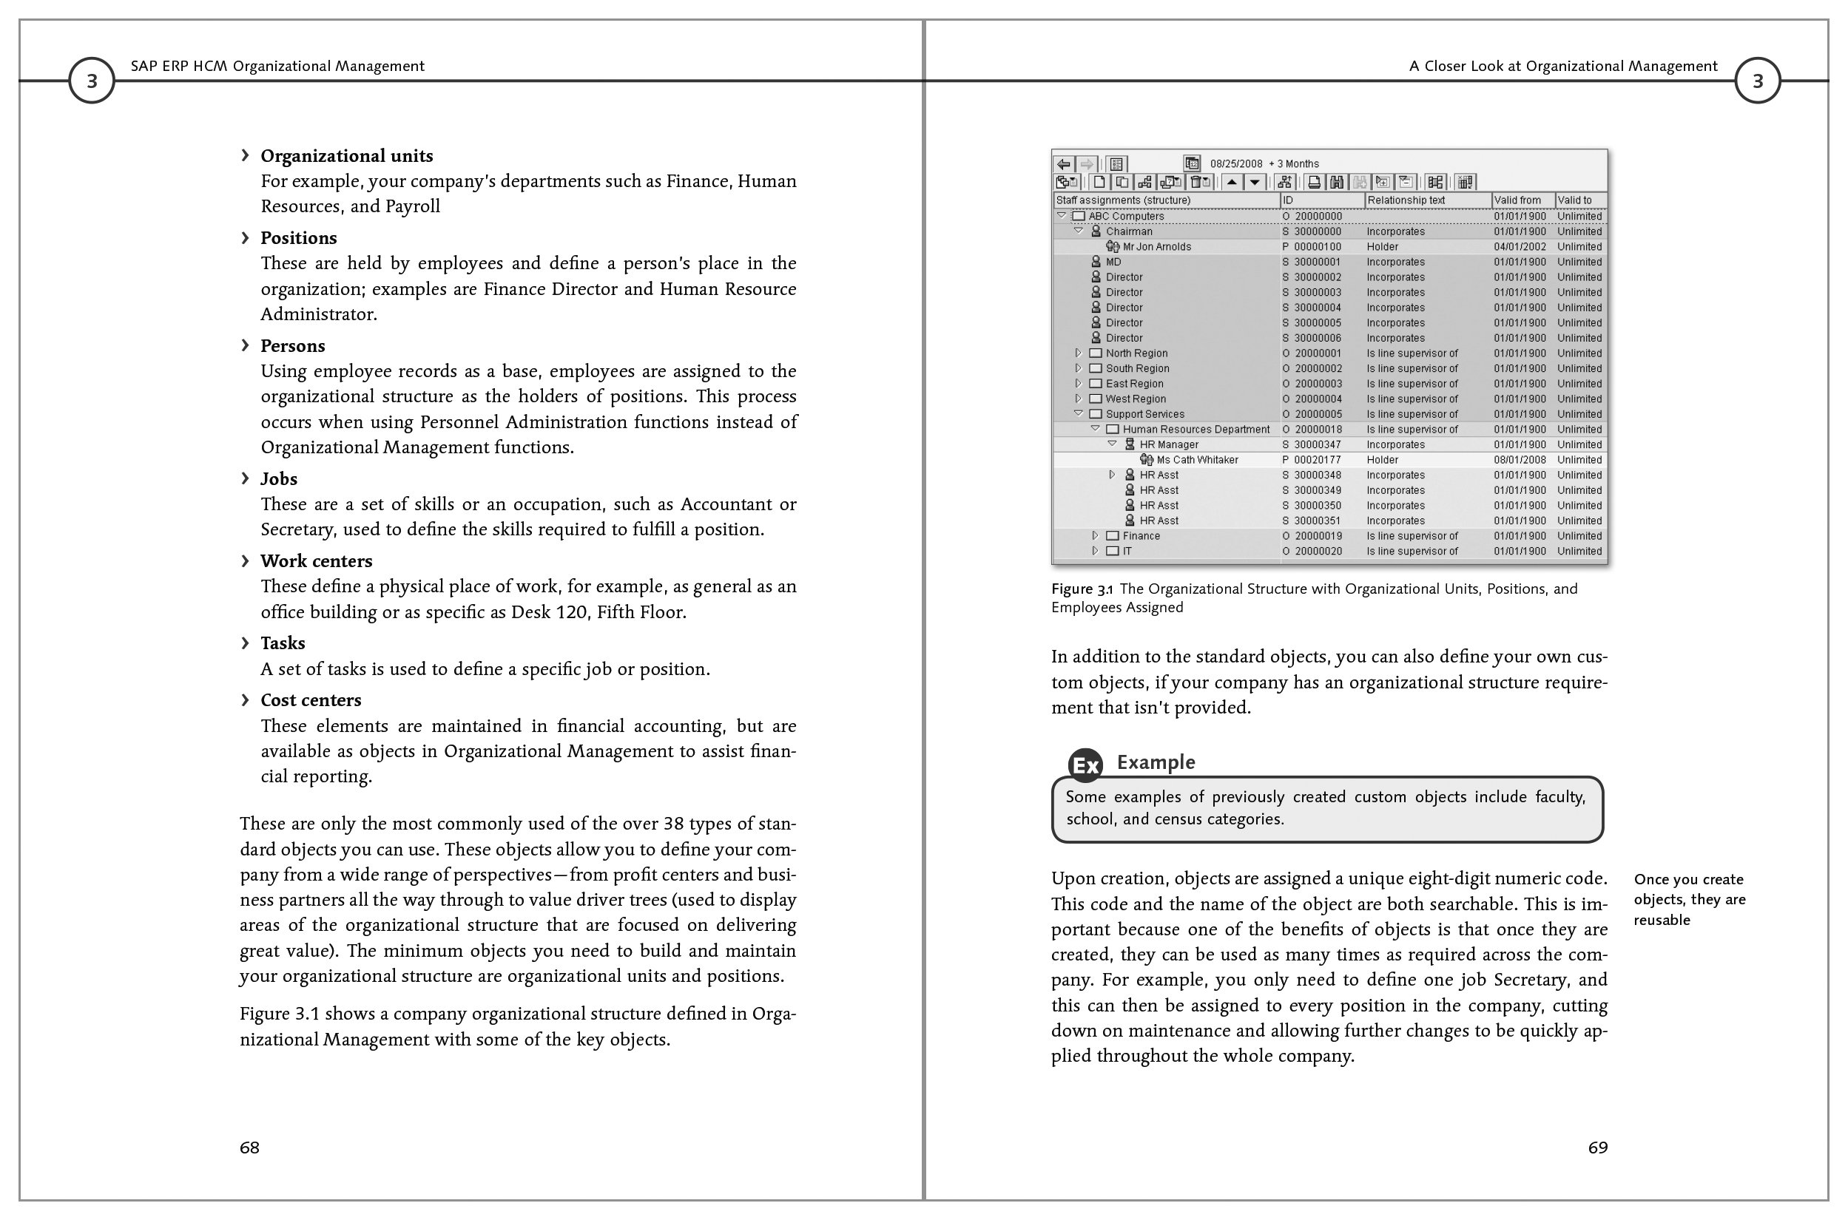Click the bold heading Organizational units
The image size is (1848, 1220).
(x=346, y=155)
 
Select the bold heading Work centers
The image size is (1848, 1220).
(x=316, y=561)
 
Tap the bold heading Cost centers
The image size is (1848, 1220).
(x=311, y=700)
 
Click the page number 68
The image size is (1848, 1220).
(x=249, y=1148)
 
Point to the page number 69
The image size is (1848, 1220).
(x=1597, y=1148)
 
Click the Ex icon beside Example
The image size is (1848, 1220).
(x=1085, y=765)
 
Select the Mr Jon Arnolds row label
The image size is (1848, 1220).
(x=1157, y=247)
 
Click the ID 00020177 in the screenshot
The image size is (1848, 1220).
(x=1317, y=460)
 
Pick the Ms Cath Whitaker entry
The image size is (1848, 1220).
(x=1197, y=460)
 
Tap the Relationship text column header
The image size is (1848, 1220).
(x=1406, y=200)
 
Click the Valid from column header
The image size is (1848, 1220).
(x=1517, y=200)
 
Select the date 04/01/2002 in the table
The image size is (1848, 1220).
(x=1520, y=247)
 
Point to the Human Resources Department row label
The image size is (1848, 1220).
(x=1196, y=430)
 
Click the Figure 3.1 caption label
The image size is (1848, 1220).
(x=1082, y=589)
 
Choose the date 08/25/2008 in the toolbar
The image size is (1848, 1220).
(x=1236, y=164)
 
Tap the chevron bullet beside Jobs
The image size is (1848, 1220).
(x=245, y=478)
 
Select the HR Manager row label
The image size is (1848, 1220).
(x=1169, y=445)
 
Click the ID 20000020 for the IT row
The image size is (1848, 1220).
(x=1318, y=552)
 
